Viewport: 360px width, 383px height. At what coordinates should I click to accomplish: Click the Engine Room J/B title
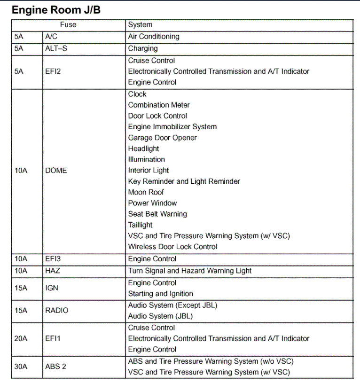[56, 10]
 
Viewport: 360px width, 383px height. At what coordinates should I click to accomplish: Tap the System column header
[140, 25]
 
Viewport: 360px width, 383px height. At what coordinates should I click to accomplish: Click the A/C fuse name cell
[52, 37]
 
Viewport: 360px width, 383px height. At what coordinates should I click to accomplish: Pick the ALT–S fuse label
[56, 48]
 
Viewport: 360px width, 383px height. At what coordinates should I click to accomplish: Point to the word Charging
[143, 48]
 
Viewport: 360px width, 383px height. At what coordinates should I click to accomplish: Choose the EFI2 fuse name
[53, 71]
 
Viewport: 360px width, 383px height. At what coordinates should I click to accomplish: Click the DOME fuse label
[56, 171]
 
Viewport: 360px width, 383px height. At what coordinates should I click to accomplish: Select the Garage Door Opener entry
[162, 138]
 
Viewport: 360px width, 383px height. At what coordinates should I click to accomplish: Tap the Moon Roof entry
[146, 192]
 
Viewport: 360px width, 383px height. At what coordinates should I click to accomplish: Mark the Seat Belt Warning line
[157, 214]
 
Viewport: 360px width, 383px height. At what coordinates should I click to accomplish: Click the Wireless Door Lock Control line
[172, 247]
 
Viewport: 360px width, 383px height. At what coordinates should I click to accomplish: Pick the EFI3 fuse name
[53, 259]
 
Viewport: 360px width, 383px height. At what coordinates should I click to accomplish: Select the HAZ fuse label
[53, 271]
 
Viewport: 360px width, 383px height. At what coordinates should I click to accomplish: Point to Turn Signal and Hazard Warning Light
[190, 271]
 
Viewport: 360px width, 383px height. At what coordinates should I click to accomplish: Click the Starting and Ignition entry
[160, 294]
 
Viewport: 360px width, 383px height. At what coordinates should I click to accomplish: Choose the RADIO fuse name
[56, 311]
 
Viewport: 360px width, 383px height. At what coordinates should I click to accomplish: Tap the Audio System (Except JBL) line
[172, 305]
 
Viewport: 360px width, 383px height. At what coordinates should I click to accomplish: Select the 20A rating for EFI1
[21, 338]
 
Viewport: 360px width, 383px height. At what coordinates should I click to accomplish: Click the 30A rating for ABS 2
[21, 367]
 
